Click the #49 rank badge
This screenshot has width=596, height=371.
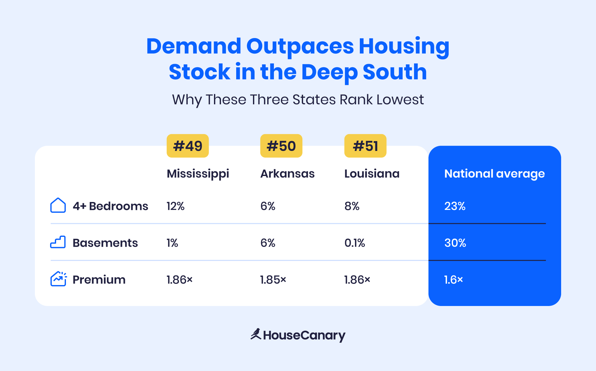pyautogui.click(x=188, y=146)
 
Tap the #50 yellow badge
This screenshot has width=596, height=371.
pyautogui.click(x=281, y=146)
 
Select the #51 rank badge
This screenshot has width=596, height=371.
pyautogui.click(x=365, y=146)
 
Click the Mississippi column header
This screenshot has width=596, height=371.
pyautogui.click(x=198, y=174)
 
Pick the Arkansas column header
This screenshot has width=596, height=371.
pyautogui.click(x=287, y=174)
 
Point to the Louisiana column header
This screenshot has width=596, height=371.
pyautogui.click(x=372, y=174)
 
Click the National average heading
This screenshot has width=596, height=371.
pyautogui.click(x=494, y=174)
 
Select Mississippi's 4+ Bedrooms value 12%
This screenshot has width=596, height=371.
pyautogui.click(x=175, y=206)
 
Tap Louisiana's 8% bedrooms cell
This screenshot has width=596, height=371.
pyautogui.click(x=352, y=206)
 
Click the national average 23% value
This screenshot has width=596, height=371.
pyautogui.click(x=455, y=206)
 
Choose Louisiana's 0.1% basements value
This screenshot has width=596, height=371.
pyautogui.click(x=354, y=243)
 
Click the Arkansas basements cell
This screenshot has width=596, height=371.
pyautogui.click(x=268, y=243)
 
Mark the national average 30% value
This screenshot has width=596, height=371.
pyautogui.click(x=455, y=243)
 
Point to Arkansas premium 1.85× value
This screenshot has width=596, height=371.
pyautogui.click(x=273, y=280)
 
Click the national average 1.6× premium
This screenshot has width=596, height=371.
pyautogui.click(x=453, y=280)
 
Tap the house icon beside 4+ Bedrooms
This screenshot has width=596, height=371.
pyautogui.click(x=58, y=205)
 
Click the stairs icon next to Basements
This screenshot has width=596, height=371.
pyautogui.click(x=58, y=242)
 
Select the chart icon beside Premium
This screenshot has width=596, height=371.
pyautogui.click(x=58, y=279)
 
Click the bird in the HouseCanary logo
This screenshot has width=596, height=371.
pyautogui.click(x=256, y=334)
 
